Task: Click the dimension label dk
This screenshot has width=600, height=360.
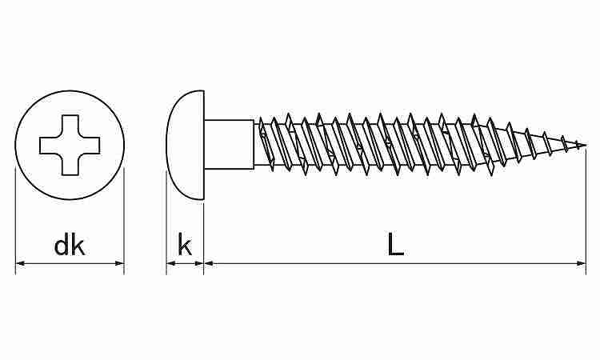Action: pyautogui.click(x=70, y=246)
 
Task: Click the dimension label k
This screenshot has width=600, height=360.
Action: pyautogui.click(x=185, y=246)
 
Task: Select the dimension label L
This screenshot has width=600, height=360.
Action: pyautogui.click(x=395, y=244)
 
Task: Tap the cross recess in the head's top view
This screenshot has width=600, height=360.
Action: pyautogui.click(x=70, y=146)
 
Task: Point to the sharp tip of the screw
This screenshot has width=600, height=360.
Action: pyautogui.click(x=586, y=145)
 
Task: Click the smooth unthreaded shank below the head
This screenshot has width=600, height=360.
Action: pyautogui.click(x=230, y=144)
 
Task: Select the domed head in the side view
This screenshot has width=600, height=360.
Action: pyautogui.click(x=186, y=145)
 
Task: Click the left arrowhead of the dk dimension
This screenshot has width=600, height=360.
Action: pyautogui.click(x=20, y=263)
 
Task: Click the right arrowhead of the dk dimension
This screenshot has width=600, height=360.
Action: pyautogui.click(x=119, y=263)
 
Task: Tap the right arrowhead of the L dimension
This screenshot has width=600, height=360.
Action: pyautogui.click(x=581, y=263)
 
